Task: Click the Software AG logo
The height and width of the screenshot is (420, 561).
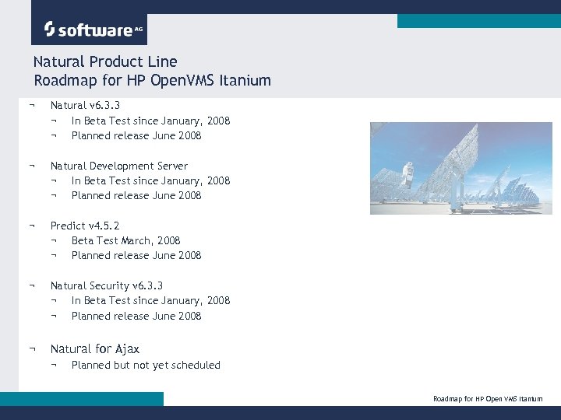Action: pos(89,30)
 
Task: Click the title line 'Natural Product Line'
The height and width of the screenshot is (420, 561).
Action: pos(105,61)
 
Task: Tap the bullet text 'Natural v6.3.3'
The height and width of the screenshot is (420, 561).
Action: pos(85,105)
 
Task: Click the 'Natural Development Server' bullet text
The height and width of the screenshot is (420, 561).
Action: pos(118,166)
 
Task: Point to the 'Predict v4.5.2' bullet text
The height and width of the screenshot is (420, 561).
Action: pos(85,226)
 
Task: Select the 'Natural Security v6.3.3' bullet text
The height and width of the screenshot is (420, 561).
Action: pos(106,285)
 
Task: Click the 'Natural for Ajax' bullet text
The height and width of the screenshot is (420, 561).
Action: pos(94,349)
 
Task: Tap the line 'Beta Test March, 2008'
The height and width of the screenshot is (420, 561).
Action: pos(125,240)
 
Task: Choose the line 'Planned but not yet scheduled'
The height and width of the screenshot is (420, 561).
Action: pos(146,365)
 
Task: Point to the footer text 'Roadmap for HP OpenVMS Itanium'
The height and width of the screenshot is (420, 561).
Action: pos(488,399)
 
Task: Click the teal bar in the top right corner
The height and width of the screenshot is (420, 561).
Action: pos(478,21)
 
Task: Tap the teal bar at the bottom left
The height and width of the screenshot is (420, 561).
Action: pos(82,398)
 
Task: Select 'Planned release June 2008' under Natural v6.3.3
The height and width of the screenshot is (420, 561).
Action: pos(136,135)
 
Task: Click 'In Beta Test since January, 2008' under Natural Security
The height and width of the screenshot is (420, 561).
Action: pos(150,300)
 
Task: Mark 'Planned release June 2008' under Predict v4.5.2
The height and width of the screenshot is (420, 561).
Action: pos(136,255)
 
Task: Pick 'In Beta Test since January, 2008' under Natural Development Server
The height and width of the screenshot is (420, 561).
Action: pos(150,180)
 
